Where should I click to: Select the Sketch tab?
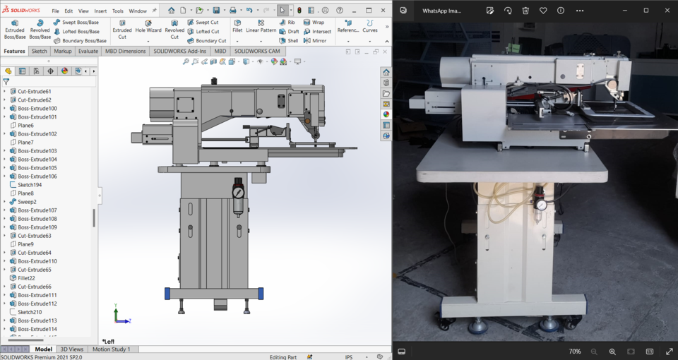(x=40, y=52)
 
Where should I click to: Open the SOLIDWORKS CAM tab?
(x=257, y=52)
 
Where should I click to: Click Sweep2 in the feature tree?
(x=27, y=202)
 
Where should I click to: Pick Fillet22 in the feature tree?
(x=27, y=278)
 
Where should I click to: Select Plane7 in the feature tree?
(x=25, y=143)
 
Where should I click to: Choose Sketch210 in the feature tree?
(x=30, y=312)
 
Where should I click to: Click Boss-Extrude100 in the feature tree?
(x=37, y=109)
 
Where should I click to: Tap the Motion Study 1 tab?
(x=112, y=349)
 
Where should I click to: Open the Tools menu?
(x=117, y=11)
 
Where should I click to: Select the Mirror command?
(x=315, y=41)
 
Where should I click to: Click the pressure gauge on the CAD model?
(x=238, y=192)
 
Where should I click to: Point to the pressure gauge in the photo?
(x=541, y=205)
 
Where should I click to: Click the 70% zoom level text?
(x=575, y=352)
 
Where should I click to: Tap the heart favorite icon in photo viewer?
(x=543, y=11)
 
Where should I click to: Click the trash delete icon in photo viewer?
(x=525, y=11)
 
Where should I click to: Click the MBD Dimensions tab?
(x=126, y=52)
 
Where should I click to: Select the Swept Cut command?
(x=203, y=23)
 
